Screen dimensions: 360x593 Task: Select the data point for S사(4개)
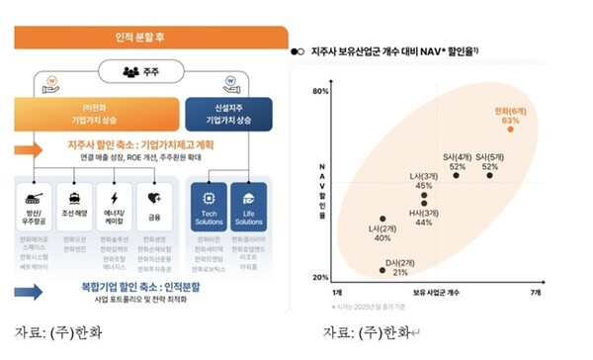[x=457, y=175]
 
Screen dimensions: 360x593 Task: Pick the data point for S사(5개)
[x=489, y=175]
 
